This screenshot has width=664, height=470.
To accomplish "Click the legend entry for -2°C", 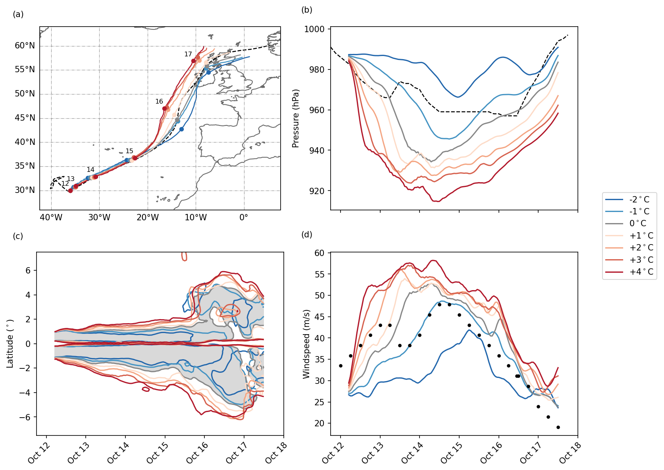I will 639,199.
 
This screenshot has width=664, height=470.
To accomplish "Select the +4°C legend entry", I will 641,272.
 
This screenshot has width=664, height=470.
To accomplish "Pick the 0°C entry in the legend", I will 637,223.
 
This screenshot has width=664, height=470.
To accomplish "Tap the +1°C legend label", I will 641,236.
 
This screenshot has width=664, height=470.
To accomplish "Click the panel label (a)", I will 18,14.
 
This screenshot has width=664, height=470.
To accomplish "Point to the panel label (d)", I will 307,234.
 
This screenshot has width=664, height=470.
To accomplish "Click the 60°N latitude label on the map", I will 25,46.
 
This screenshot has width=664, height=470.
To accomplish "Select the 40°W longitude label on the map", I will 51,218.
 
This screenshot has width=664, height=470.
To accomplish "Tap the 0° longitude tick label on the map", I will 244,218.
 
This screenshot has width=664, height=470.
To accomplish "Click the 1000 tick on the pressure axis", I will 314,29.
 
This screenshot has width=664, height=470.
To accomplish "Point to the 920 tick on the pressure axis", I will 316,191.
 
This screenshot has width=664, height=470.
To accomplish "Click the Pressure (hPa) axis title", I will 296,118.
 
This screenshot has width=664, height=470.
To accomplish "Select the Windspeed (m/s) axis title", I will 306,344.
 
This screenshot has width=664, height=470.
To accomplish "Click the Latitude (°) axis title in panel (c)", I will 10,344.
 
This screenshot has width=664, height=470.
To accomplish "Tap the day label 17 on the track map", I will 188,54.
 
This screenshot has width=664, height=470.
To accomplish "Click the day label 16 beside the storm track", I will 159,102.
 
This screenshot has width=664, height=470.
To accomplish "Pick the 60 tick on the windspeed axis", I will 319,253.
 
